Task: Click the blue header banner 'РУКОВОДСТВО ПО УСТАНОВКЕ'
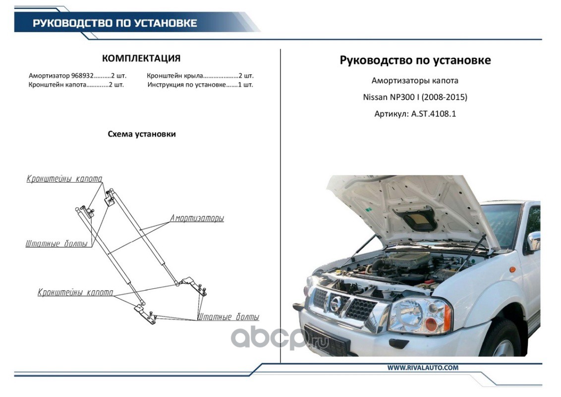(x=115, y=23)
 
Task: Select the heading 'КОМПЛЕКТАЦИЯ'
(x=141, y=58)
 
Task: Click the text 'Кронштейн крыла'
(x=174, y=76)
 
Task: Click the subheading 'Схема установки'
(x=142, y=134)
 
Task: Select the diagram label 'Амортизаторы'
(x=197, y=218)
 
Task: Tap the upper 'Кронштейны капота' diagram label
(x=64, y=179)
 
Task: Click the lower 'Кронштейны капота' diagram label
(x=75, y=293)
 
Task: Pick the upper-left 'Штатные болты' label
(x=56, y=244)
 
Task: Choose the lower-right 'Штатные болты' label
(x=228, y=317)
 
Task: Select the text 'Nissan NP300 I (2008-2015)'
(x=415, y=97)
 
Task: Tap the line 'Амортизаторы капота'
(x=415, y=80)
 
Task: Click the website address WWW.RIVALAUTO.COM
(x=423, y=368)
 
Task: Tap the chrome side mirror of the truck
(x=533, y=242)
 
